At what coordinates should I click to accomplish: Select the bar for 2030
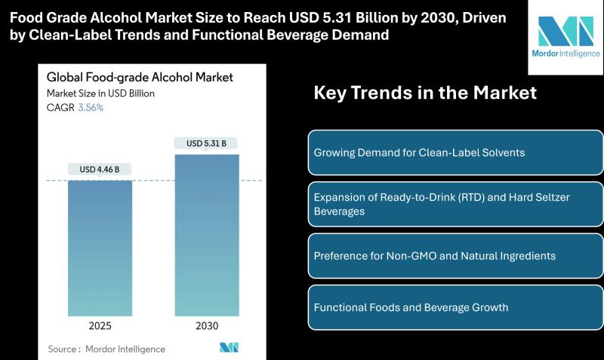click(x=206, y=235)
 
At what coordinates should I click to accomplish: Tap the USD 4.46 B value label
click(x=100, y=169)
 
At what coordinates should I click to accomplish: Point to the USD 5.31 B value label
click(x=206, y=143)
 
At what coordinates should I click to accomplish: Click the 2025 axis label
click(x=100, y=325)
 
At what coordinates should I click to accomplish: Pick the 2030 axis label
click(x=206, y=325)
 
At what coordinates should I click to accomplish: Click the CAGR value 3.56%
click(x=91, y=107)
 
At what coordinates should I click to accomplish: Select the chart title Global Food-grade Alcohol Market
click(x=140, y=77)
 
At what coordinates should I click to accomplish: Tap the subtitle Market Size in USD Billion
click(x=100, y=94)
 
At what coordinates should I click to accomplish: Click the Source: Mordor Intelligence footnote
click(x=106, y=349)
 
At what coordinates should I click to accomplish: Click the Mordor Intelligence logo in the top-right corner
click(x=565, y=38)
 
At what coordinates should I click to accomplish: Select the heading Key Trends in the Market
click(x=425, y=93)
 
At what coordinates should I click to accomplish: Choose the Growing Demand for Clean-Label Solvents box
click(x=455, y=152)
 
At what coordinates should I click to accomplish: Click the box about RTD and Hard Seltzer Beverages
click(x=455, y=204)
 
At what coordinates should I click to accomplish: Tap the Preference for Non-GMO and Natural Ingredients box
click(x=455, y=256)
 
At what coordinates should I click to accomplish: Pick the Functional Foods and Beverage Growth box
click(x=455, y=307)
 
